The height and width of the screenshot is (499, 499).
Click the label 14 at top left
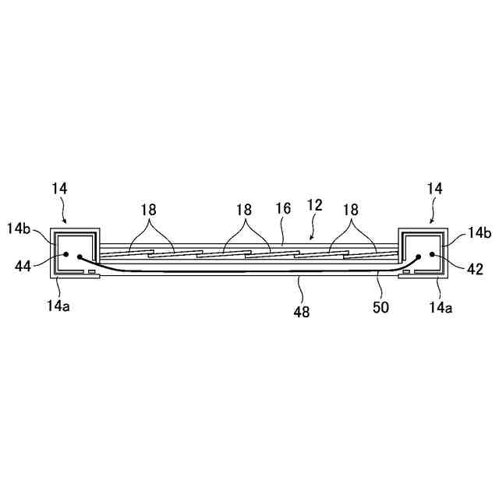click(60, 188)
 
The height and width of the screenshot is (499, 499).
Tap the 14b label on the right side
click(478, 232)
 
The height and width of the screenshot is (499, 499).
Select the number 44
click(23, 267)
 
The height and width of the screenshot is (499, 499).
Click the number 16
click(282, 210)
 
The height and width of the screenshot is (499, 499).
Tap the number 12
click(315, 207)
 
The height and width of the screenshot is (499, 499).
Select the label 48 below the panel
click(301, 312)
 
